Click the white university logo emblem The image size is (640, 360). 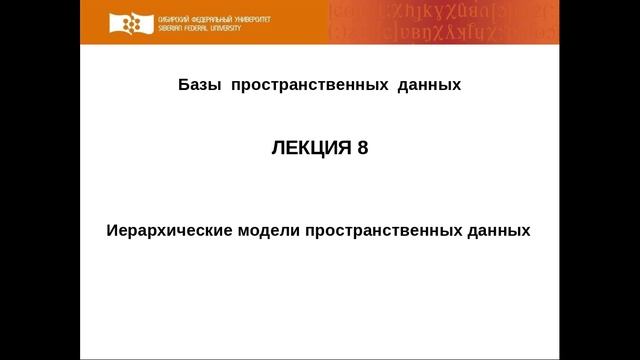point(126,22)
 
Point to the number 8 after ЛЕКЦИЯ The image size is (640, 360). point(362,148)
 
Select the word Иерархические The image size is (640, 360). point(169,229)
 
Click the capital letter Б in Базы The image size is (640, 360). point(183,85)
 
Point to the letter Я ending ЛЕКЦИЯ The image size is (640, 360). point(345,148)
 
